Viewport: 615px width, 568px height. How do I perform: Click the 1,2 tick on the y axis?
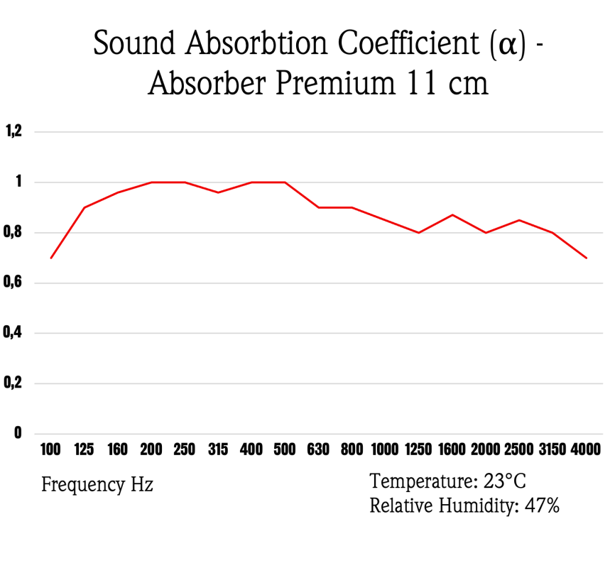pos(15,131)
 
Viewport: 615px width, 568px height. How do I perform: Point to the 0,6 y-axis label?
pos(15,283)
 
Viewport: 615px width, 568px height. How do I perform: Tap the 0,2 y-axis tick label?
pos(15,383)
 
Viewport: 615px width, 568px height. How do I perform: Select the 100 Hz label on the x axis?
pos(51,449)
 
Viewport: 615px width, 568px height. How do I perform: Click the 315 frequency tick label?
pos(218,449)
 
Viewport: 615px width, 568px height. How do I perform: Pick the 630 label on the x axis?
pos(318,449)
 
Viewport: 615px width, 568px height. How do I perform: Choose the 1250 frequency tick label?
pos(418,449)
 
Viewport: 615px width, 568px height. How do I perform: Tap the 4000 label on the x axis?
pos(586,449)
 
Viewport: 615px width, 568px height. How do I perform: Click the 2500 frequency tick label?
pos(519,449)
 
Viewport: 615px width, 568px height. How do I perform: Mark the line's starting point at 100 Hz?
pos(51,258)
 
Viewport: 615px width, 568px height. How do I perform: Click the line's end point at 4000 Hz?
pos(586,258)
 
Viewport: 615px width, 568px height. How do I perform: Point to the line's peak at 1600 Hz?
pos(452,214)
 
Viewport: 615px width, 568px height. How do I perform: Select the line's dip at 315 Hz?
pos(218,192)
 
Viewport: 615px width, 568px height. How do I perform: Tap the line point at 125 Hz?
pos(85,207)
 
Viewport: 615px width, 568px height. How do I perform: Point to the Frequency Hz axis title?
pos(97,486)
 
